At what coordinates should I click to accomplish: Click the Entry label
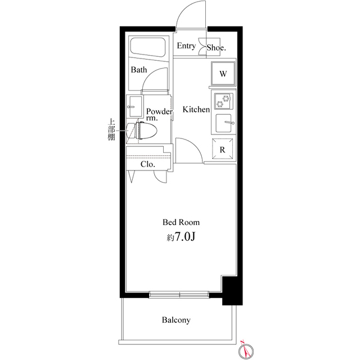(186, 46)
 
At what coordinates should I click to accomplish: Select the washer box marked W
(223, 74)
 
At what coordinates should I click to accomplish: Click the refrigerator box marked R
(223, 150)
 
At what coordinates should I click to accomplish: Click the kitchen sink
(224, 123)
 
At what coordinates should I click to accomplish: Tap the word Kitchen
(196, 110)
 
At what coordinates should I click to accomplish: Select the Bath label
(139, 70)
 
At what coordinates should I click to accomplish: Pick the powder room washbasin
(135, 104)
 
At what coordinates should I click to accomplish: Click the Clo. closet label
(148, 165)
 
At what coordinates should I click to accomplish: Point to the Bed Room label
(181, 222)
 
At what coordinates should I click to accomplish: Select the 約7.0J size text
(181, 237)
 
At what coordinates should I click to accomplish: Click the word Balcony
(176, 321)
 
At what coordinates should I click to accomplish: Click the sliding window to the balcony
(180, 294)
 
